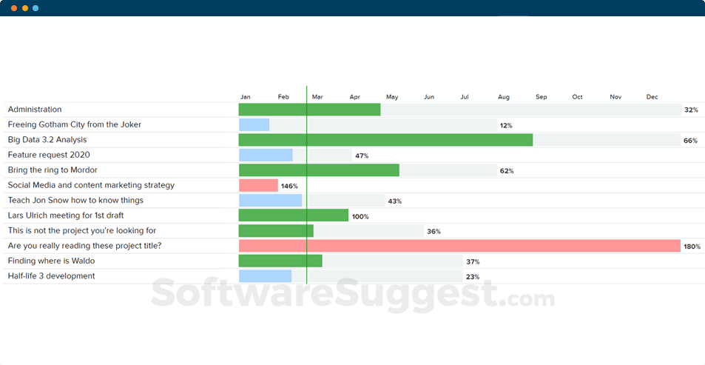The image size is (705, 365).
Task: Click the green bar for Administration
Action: [309, 110]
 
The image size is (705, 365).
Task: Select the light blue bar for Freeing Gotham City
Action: [254, 124]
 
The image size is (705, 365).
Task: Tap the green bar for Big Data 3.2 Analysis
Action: [385, 140]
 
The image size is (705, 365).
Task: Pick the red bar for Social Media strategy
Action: [258, 185]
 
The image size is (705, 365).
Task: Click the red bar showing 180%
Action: [459, 246]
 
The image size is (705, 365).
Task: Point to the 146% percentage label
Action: [289, 186]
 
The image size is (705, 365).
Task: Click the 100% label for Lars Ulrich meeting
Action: [360, 216]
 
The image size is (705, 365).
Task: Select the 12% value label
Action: [506, 125]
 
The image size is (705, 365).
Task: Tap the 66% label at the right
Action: [690, 141]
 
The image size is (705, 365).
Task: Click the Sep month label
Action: [541, 97]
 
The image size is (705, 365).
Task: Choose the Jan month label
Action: [246, 97]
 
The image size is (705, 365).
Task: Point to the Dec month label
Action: [652, 97]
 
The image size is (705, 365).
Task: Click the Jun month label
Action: [429, 97]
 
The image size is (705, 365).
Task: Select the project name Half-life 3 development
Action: [51, 276]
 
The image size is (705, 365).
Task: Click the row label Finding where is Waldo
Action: [51, 261]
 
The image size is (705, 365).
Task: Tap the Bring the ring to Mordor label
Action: [53, 170]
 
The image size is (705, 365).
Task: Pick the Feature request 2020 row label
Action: [49, 155]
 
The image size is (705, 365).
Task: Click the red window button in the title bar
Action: [14, 8]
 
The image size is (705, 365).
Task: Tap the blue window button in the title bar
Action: [36, 8]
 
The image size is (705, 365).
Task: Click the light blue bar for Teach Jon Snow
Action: [270, 201]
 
